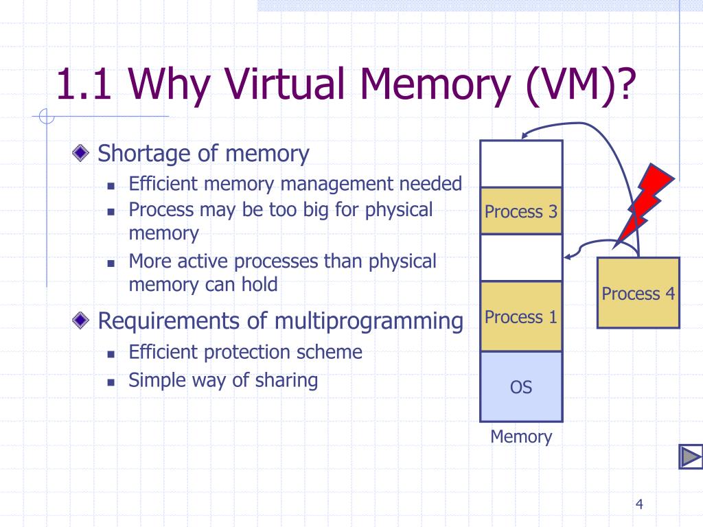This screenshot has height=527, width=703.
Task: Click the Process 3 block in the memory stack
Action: point(521,211)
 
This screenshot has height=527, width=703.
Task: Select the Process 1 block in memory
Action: point(521,316)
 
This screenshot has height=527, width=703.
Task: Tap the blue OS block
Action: point(521,386)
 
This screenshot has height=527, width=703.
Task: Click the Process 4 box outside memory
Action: point(638,293)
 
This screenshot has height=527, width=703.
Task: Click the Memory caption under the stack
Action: point(521,436)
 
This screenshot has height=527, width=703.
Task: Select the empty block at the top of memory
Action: point(521,164)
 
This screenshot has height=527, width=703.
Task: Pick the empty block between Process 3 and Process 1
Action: point(521,257)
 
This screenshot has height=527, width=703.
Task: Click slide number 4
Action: point(639,505)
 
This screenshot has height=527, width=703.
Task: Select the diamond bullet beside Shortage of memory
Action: point(82,153)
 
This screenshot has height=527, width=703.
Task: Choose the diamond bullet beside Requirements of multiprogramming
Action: point(82,319)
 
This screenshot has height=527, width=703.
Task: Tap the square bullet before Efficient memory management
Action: point(110,185)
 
